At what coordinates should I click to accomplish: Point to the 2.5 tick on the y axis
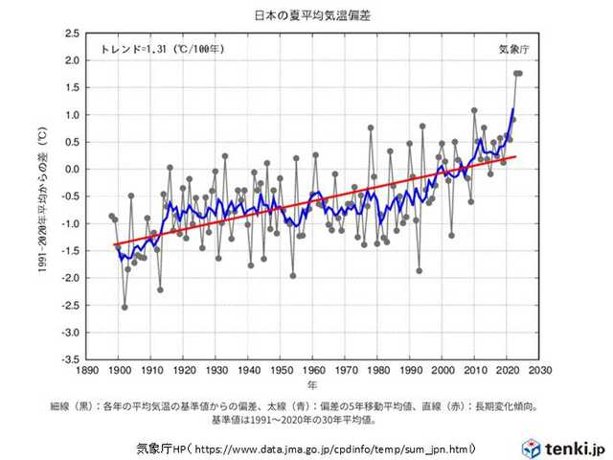[73, 33]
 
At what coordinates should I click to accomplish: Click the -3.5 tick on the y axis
[71, 360]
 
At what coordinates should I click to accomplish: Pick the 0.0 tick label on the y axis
[73, 169]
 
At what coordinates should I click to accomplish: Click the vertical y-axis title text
[42, 196]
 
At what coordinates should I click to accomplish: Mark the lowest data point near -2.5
[125, 308]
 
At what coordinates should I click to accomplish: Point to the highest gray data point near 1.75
[517, 74]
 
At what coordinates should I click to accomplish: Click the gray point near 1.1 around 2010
[474, 110]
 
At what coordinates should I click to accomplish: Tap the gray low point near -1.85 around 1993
[419, 270]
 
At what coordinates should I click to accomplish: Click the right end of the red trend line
[516, 156]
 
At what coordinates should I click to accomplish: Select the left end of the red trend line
[115, 244]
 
